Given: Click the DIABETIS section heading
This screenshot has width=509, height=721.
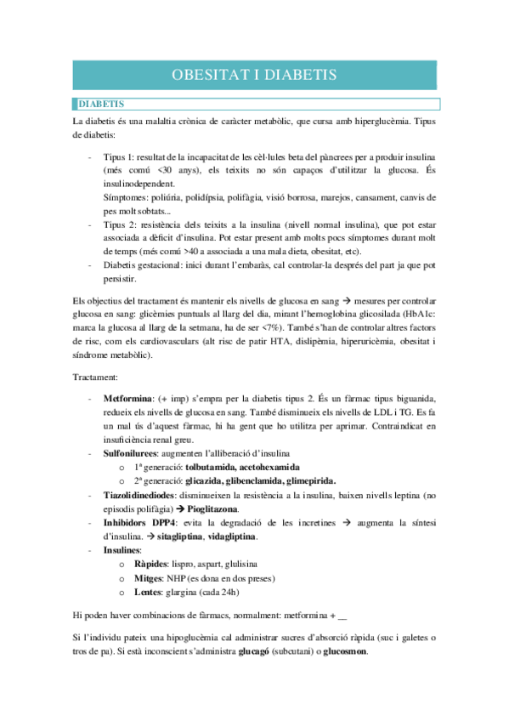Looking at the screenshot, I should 101,104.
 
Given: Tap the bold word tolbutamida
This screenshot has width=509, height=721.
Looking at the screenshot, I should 210,468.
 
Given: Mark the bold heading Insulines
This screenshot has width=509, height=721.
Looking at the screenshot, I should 124,550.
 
